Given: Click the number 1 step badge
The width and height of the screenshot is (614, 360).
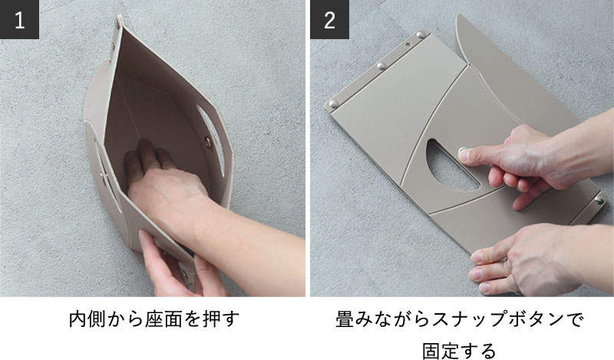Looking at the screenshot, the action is tap(19, 19).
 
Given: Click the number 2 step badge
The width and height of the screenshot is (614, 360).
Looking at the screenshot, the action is tap(329, 19).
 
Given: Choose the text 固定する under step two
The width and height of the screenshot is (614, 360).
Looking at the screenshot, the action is tap(459, 350).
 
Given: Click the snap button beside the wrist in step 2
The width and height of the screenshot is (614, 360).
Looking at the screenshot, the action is tap(599, 200).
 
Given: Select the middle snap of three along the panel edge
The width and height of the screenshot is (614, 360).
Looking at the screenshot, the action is tap(381, 66).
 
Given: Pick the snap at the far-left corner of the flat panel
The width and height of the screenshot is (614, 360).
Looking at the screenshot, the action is tap(333, 104).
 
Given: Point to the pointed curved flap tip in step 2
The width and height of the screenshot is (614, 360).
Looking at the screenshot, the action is tap(458, 15).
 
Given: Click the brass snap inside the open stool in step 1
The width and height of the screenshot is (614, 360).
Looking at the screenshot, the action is tap(208, 142).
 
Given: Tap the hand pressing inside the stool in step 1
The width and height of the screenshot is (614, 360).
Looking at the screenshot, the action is tap(164, 177).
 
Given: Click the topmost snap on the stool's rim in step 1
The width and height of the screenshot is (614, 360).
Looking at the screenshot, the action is tap(117, 24).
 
